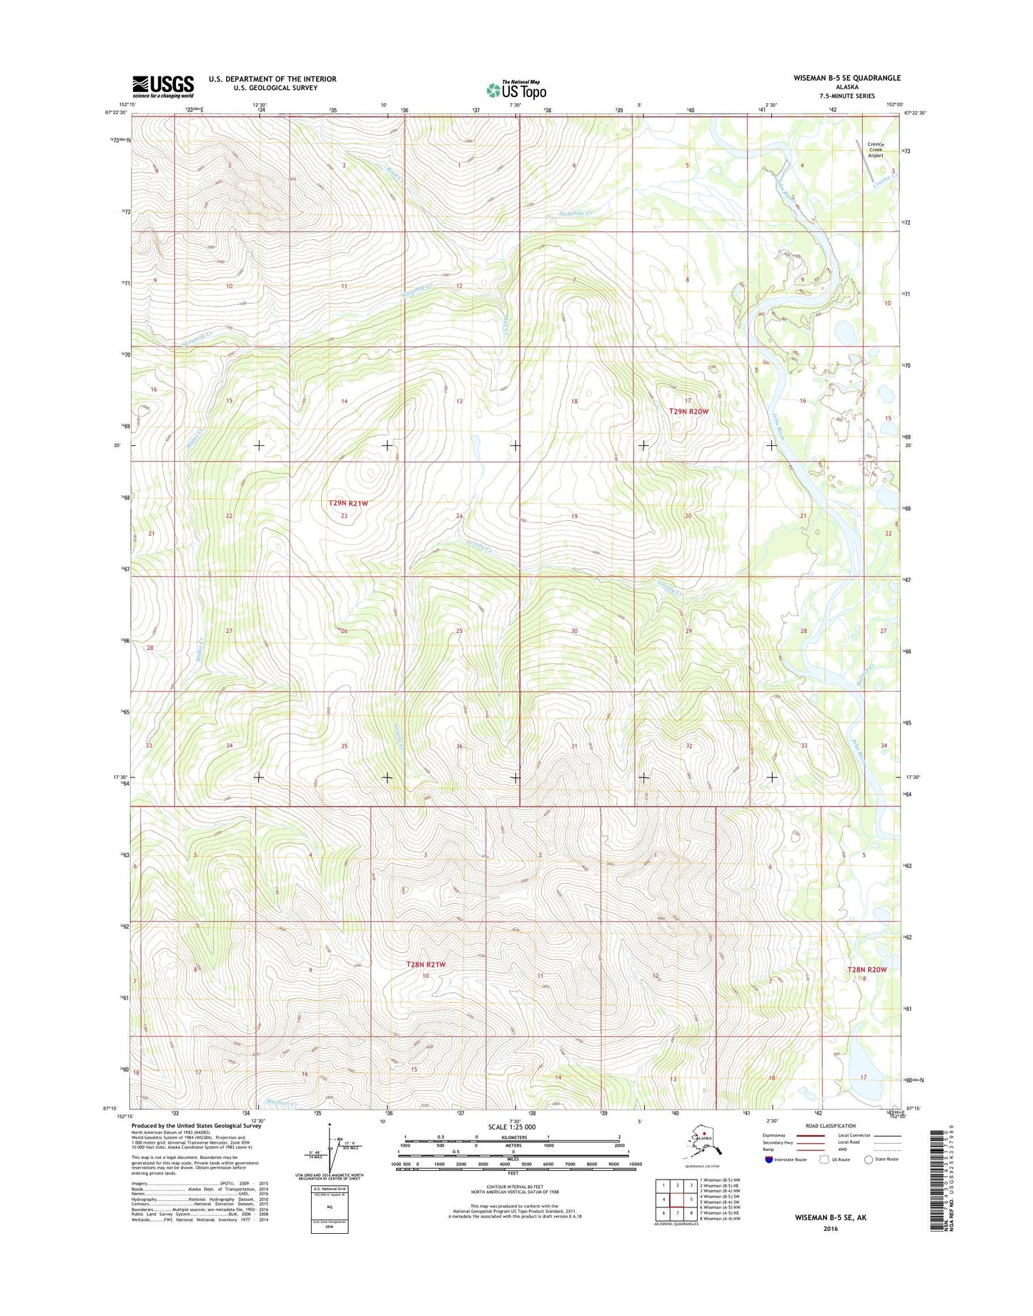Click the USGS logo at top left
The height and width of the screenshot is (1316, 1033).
tap(163, 86)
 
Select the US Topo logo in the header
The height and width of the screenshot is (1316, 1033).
tap(516, 90)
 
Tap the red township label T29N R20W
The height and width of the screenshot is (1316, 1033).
tap(688, 412)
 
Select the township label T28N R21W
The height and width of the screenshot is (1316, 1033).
tap(425, 964)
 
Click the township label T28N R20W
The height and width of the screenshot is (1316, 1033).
tap(866, 969)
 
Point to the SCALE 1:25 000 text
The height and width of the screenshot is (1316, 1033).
tap(511, 1127)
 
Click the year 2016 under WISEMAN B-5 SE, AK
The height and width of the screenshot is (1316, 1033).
tap(830, 1229)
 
